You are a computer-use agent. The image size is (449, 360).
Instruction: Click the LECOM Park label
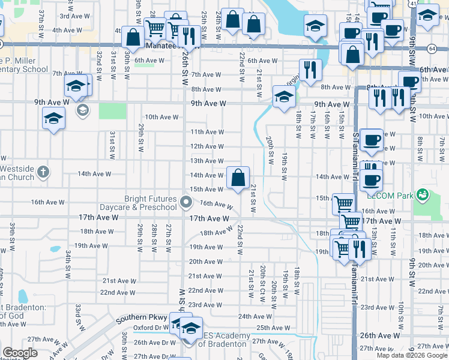[392, 194]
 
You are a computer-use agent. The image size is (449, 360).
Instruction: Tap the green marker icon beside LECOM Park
[423, 194]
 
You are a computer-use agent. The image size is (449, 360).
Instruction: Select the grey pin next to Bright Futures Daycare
[186, 203]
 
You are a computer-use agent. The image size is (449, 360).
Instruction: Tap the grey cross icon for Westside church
[43, 172]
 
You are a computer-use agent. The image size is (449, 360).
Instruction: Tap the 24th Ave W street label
[252, 316]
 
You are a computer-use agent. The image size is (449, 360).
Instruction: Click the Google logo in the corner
[20, 353]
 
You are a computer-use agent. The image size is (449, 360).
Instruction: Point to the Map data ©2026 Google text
[411, 355]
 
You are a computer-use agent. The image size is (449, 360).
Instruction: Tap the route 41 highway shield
[413, 3]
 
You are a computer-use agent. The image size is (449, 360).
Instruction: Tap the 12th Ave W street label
[207, 146]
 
